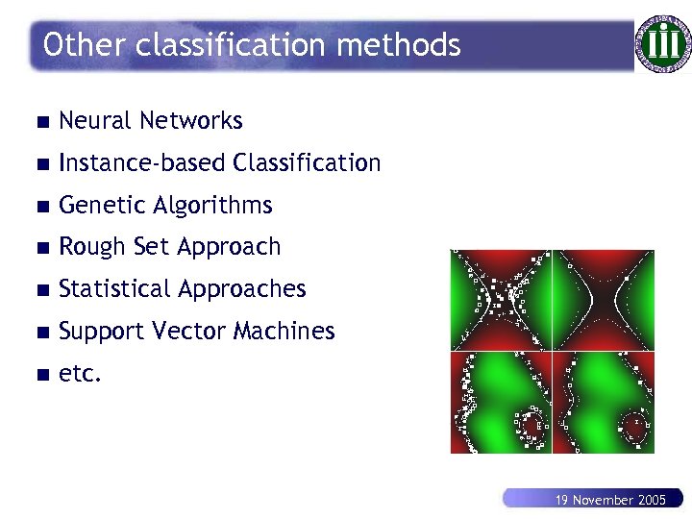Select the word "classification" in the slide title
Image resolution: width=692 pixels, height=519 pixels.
tap(226, 44)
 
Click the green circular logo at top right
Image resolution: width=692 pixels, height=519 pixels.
tap(662, 43)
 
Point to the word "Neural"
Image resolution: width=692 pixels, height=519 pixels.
tap(94, 121)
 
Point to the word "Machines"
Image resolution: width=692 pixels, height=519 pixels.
tap(288, 332)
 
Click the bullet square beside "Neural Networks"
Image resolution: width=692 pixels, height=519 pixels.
tap(38, 122)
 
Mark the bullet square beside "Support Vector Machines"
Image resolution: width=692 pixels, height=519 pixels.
tap(38, 333)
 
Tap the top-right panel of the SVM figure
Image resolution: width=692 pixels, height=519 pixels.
tap(604, 300)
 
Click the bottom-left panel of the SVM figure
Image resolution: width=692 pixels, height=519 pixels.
tap(501, 403)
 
